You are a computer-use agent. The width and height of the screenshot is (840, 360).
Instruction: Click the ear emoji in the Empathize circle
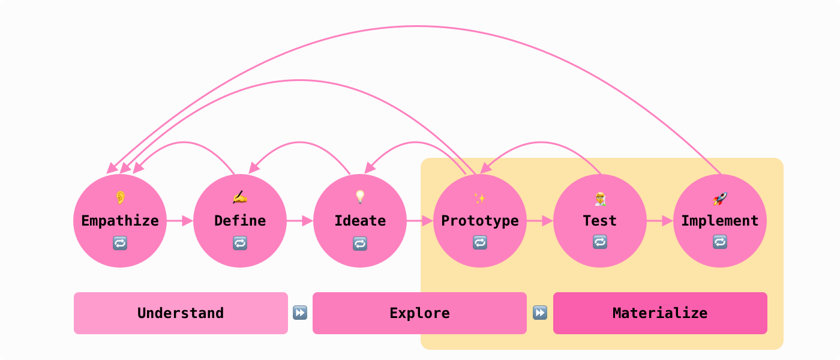pos(120,197)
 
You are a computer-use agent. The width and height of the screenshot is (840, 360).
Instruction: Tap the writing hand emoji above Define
pos(240,197)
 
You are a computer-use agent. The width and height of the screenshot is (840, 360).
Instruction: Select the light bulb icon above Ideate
pos(360,197)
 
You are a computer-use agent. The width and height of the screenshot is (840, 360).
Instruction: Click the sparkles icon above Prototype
pos(480,197)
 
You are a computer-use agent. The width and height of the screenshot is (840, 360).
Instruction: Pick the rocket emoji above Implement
pos(720,198)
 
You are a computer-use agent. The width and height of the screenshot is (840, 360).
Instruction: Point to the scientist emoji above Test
pos(600,198)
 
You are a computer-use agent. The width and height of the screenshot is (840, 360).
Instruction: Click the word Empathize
pos(120,221)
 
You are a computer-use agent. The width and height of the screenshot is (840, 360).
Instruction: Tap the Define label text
pos(240,221)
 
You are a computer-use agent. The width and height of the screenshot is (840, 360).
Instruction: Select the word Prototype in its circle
pos(480,221)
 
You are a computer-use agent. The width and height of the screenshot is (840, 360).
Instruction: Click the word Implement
pos(720,221)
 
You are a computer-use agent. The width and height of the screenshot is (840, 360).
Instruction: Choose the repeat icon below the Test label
pos(600,242)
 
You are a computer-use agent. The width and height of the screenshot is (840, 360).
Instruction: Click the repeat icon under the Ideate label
pos(360,243)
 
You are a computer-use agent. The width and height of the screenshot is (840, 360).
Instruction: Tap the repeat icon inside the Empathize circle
pos(120,243)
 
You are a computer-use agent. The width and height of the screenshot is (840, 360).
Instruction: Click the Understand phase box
pos(181,313)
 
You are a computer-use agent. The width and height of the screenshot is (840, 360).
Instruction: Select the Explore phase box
pos(419,313)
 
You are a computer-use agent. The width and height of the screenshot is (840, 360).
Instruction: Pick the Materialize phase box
pos(660,313)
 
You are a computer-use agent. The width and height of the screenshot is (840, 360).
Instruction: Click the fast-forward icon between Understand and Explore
pos(300,313)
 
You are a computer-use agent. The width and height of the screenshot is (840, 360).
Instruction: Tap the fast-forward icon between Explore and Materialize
pos(540,313)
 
